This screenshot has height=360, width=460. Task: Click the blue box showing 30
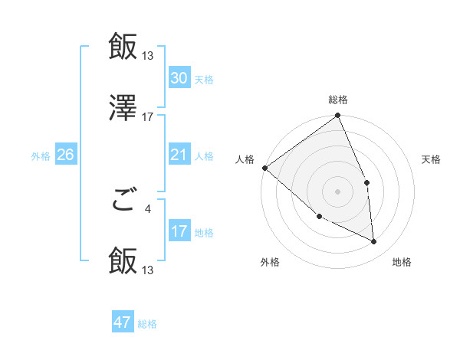[x=179, y=78]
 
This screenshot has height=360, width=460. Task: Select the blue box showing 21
[x=179, y=155]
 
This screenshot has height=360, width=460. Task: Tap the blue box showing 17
[x=179, y=232]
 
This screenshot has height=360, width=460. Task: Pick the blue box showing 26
[x=65, y=155]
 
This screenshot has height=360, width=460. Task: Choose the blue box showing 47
[x=123, y=322]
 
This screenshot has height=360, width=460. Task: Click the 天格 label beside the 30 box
[x=204, y=80]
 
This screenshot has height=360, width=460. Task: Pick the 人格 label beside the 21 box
[x=204, y=156]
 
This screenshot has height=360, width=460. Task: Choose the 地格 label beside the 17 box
[x=204, y=233]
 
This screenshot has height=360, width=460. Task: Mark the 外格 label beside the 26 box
[x=41, y=156]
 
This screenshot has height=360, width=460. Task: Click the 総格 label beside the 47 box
[x=147, y=324]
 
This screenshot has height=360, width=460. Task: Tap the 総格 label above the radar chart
[x=338, y=100]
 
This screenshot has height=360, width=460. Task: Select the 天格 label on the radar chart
[x=432, y=159]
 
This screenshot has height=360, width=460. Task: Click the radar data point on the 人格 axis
[x=264, y=168]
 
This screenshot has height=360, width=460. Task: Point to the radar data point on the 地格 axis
[x=374, y=242]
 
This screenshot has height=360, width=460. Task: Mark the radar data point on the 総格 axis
[x=338, y=116]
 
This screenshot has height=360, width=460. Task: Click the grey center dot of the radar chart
[x=337, y=191]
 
